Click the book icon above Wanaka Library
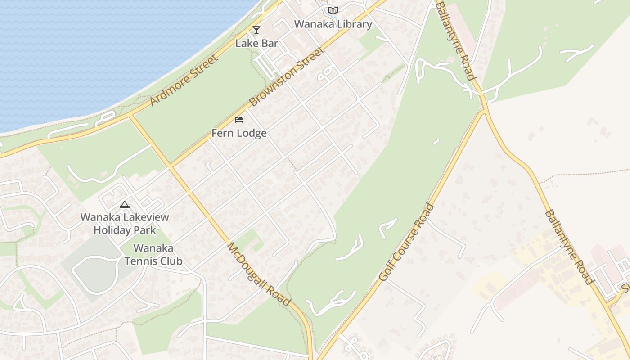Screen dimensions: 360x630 (x=333, y=10)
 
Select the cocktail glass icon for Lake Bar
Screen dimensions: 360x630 (x=256, y=30)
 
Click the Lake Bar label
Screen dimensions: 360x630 (x=257, y=43)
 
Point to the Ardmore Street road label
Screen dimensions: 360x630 (x=184, y=80)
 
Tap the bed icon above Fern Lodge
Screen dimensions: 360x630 (x=239, y=120)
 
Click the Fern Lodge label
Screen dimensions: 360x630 (x=239, y=133)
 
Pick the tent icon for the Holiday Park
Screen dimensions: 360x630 (x=125, y=204)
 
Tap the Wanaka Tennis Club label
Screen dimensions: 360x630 (x=153, y=254)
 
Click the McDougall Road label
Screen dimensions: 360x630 (x=258, y=274)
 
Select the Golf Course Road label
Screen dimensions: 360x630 (x=407, y=243)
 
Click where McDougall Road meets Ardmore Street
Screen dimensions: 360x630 (x=131, y=116)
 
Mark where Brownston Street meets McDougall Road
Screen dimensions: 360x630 (x=171, y=166)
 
